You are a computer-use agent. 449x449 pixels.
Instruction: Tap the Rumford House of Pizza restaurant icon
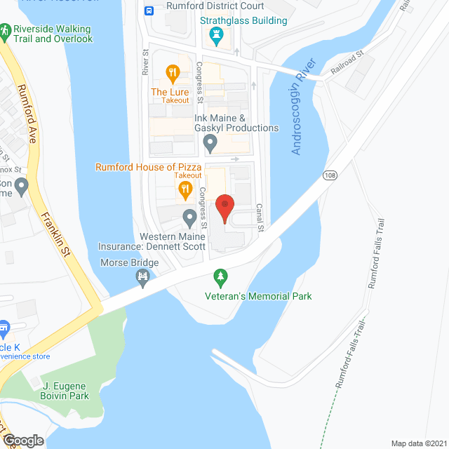[185, 187]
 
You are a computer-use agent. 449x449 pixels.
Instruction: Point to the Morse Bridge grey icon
[144, 279]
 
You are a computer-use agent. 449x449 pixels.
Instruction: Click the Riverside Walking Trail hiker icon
[6, 31]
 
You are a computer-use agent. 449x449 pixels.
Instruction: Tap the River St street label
[145, 61]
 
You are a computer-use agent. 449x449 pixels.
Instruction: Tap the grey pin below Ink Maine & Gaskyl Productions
[210, 144]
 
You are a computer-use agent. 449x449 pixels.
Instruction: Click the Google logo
[22, 441]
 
